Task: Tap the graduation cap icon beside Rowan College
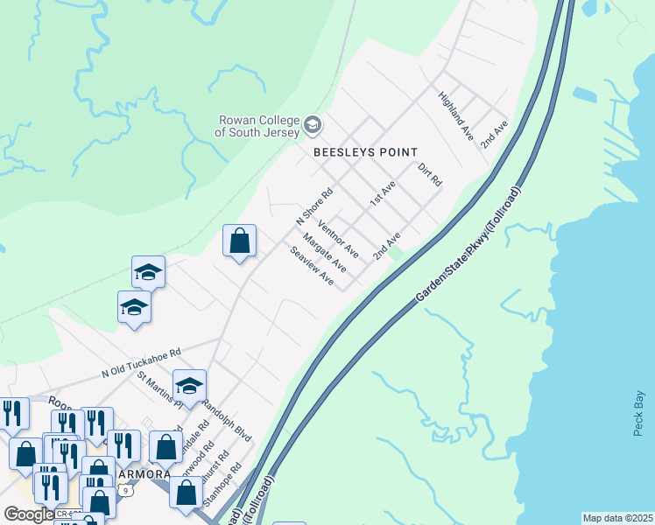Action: pyautogui.click(x=312, y=127)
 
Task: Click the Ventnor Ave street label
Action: pyautogui.click(x=338, y=238)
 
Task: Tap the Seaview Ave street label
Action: pyautogui.click(x=313, y=267)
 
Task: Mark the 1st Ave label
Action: pyautogui.click(x=383, y=192)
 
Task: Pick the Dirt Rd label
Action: pyautogui.click(x=429, y=174)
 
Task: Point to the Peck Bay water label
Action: pyautogui.click(x=638, y=412)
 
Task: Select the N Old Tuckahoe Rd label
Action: pyautogui.click(x=140, y=360)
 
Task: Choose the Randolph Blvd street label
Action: pyautogui.click(x=227, y=422)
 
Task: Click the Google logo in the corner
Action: pyautogui.click(x=29, y=514)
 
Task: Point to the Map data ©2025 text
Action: pyautogui.click(x=617, y=518)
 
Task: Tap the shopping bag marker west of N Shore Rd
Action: pyautogui.click(x=239, y=241)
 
